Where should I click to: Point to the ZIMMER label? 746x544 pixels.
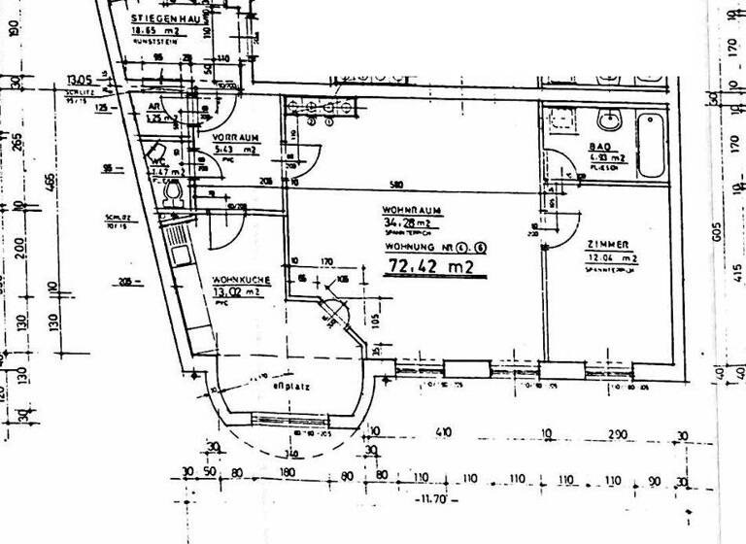click(608, 244)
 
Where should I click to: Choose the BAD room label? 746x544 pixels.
click(598, 148)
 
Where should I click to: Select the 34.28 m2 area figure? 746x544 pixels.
click(404, 222)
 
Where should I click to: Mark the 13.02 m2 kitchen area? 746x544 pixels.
click(238, 290)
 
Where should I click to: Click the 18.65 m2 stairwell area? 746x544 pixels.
click(155, 30)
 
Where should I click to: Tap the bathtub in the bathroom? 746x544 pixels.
click(652, 146)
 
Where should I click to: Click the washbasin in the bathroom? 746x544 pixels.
click(610, 122)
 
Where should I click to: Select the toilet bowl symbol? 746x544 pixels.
click(174, 195)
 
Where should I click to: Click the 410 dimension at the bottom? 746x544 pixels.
click(444, 432)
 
